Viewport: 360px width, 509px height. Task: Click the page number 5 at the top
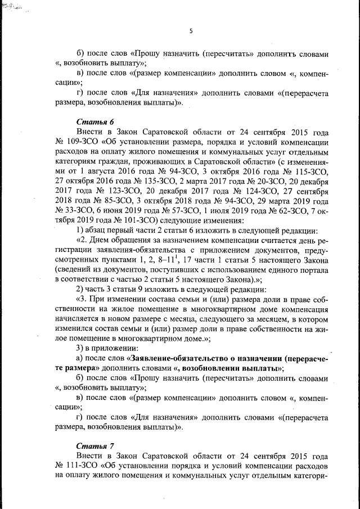point(191,31)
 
